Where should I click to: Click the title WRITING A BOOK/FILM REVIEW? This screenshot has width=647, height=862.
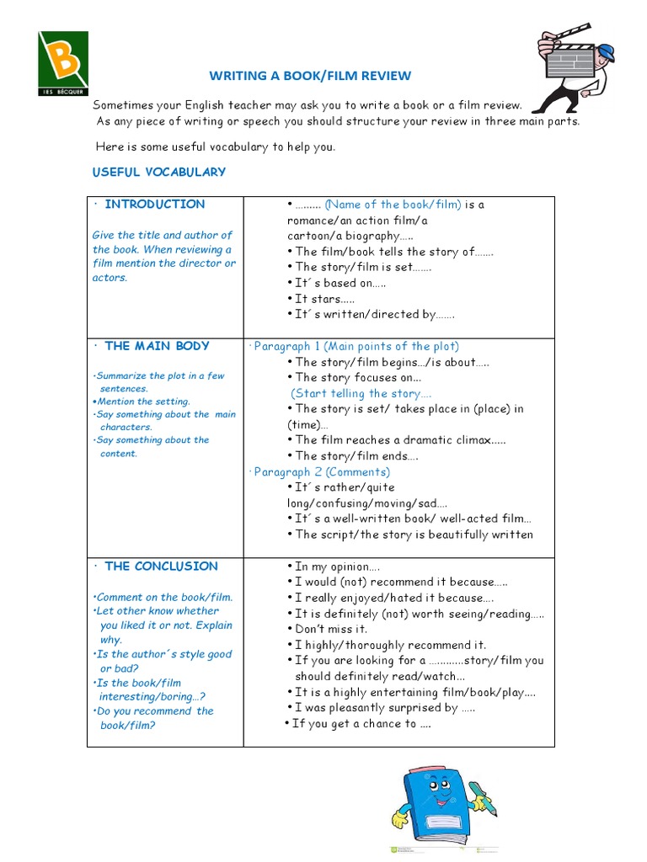click(x=310, y=76)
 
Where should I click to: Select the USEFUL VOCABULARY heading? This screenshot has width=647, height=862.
click(x=159, y=172)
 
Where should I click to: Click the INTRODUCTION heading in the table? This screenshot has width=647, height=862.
click(x=154, y=204)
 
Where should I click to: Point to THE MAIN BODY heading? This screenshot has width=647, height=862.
click(x=157, y=345)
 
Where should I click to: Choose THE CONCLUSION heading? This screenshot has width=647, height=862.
click(x=161, y=566)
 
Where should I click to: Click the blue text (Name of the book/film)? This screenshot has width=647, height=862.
click(x=393, y=205)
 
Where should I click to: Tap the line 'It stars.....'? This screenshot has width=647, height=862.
click(x=318, y=299)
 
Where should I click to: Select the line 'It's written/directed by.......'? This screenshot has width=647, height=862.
click(x=374, y=314)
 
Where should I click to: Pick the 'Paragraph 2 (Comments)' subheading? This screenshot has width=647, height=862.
click(x=322, y=471)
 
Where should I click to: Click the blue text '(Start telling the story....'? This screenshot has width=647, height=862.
click(x=361, y=393)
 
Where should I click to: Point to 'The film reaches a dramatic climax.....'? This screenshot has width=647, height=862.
click(x=400, y=439)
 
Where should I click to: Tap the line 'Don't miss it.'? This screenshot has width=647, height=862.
click(x=331, y=629)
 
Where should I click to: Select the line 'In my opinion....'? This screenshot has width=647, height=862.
click(x=337, y=567)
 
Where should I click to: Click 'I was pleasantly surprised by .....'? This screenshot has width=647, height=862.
click(x=384, y=708)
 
